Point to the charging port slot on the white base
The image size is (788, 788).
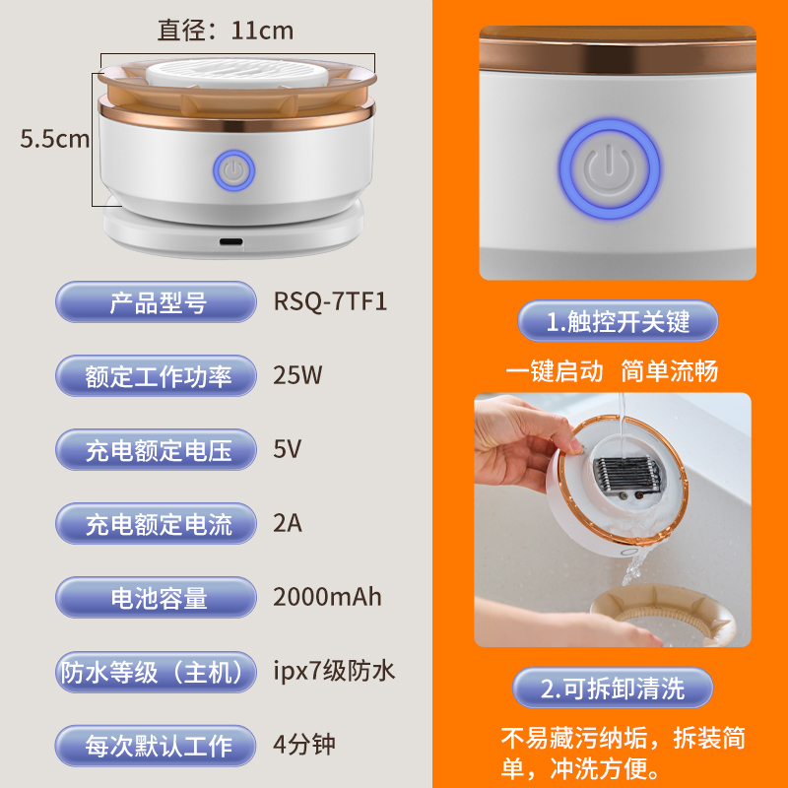click(231, 241)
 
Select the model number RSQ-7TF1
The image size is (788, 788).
click(330, 300)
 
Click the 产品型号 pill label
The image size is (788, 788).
click(158, 301)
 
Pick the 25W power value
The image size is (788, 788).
click(297, 374)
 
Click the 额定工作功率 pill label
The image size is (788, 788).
click(158, 375)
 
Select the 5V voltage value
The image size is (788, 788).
click(287, 450)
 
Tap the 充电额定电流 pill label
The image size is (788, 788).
click(158, 524)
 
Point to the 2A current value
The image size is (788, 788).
click(287, 523)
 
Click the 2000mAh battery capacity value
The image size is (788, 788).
click(327, 596)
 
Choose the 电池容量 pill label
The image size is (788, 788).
click(158, 598)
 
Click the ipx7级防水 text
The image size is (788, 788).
click(334, 671)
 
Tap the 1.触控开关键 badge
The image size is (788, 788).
click(619, 321)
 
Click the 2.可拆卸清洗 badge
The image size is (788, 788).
click(613, 689)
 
